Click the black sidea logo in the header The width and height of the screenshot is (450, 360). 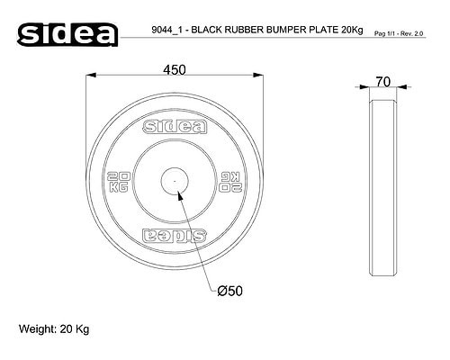[67, 35]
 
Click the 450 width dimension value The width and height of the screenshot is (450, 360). [175, 70]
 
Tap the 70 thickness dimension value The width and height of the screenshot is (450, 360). [383, 82]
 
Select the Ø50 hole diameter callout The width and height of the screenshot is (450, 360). [229, 291]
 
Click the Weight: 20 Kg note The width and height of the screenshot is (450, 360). [54, 329]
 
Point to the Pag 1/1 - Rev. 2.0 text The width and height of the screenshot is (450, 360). [399, 33]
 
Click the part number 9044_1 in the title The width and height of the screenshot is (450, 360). [166, 30]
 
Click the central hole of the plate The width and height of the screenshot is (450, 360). [175, 181]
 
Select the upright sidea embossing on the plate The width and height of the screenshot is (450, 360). [175, 127]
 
